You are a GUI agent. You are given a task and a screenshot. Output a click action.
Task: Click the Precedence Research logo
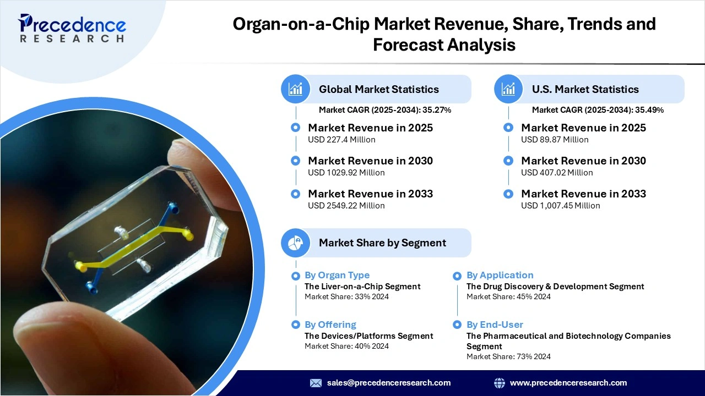[72, 28]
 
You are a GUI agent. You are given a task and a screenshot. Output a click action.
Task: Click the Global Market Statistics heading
[378, 89]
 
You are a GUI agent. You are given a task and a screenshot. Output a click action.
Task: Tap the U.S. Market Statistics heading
[585, 89]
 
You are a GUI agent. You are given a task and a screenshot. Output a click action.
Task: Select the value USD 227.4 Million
[341, 140]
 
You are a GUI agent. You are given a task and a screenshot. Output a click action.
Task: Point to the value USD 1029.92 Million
[346, 173]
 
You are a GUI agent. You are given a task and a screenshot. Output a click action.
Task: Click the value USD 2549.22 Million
[346, 206]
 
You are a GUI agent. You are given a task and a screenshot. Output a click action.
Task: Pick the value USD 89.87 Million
[555, 140]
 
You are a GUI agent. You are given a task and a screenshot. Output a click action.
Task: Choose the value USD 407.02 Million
[557, 173]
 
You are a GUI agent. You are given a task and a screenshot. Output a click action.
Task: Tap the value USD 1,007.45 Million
[560, 206]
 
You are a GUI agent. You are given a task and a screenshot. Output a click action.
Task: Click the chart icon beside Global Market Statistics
[296, 89]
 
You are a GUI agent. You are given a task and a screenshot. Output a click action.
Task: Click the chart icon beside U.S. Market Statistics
[508, 89]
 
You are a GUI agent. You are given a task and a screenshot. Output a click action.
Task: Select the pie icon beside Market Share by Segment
[296, 243]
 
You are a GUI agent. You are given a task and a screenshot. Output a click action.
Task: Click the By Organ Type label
[337, 275]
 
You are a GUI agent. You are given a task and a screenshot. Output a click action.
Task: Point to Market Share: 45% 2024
[508, 296]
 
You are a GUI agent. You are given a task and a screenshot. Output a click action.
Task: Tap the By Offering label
[330, 324]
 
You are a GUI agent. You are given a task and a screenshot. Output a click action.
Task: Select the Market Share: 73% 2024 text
[508, 356]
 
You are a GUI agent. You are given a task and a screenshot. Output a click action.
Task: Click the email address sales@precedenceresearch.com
[388, 383]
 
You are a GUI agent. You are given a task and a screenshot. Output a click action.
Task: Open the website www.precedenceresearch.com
[568, 383]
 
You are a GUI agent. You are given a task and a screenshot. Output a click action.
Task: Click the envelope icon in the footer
[316, 383]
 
